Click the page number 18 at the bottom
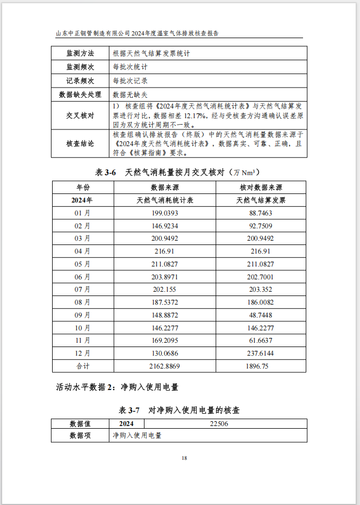(x=184, y=458)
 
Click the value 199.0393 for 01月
(x=164, y=213)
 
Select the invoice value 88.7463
(x=261, y=213)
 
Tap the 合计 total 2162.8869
(x=164, y=366)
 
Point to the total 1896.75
(x=261, y=366)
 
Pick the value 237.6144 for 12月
(x=261, y=353)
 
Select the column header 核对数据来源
(x=261, y=187)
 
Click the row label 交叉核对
(x=80, y=116)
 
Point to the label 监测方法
(x=80, y=54)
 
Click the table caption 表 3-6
(x=106, y=172)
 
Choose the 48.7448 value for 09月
(x=261, y=315)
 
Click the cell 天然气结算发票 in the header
(x=261, y=200)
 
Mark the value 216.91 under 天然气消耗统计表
(x=164, y=251)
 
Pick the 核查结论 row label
(x=80, y=143)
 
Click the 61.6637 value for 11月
(x=261, y=341)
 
